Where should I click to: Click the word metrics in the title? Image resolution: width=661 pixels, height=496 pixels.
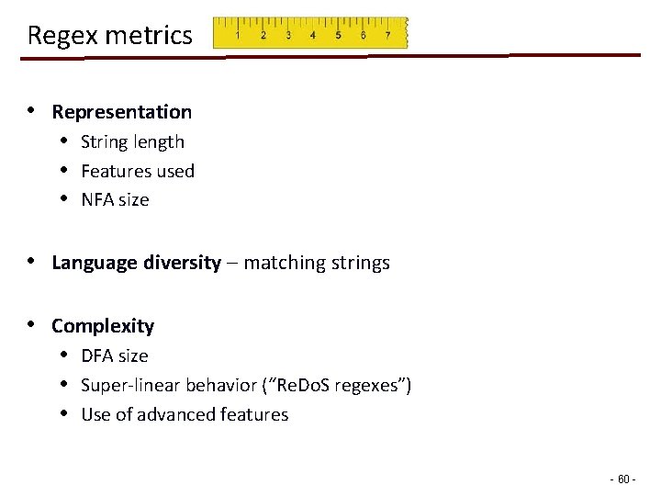point(151,36)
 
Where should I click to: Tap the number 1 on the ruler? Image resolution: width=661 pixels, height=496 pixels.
point(239,36)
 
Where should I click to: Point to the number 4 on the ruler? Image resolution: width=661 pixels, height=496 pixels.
point(313,36)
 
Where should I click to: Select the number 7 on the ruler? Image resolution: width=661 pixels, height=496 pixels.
point(387,36)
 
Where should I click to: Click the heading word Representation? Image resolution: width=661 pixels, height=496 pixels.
point(122,112)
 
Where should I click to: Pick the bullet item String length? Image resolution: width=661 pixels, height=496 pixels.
point(132,142)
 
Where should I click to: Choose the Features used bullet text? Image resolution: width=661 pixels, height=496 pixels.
point(138,171)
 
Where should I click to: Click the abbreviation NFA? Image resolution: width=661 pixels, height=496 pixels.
point(97,200)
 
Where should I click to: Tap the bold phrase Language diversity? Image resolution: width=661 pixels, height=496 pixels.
point(136,263)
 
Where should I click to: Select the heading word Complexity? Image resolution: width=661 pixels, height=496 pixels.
point(103,326)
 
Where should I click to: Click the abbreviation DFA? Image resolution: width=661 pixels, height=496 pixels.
point(97,355)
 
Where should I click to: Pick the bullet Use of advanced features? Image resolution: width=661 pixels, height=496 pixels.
point(185,414)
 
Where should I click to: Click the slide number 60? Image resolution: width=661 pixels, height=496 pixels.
point(623,479)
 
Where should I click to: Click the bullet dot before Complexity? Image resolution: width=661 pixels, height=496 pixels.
point(31,324)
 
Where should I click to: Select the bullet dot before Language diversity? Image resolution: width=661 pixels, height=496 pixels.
point(31,261)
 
